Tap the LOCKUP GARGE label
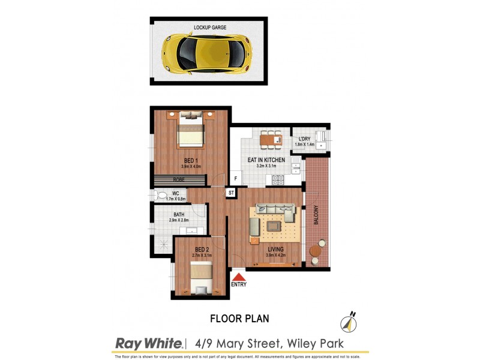pyautogui.click(x=210, y=28)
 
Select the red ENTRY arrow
pyautogui.click(x=239, y=277)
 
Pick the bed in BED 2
pyautogui.click(x=200, y=277)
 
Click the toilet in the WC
pyautogui.click(x=161, y=195)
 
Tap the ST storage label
pyautogui.click(x=231, y=193)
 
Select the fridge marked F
pyautogui.click(x=236, y=179)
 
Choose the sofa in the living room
pyautogui.click(x=275, y=211)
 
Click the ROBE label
pyautogui.click(x=179, y=179)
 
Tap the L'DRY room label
pyautogui.click(x=304, y=139)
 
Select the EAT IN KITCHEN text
pyautogui.click(x=266, y=160)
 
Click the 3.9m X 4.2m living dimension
pyautogui.click(x=276, y=256)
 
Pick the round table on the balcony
pyautogui.click(x=314, y=250)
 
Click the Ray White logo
pyautogui.click(x=149, y=343)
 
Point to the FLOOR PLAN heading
pyautogui.click(x=239, y=319)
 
